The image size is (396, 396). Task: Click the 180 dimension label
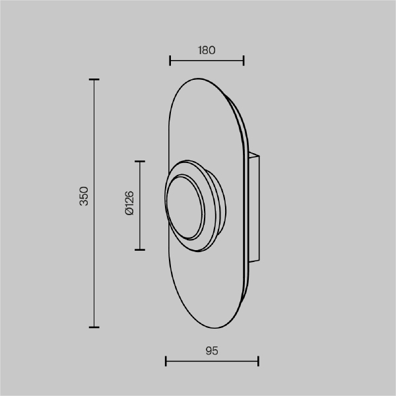click(x=207, y=50)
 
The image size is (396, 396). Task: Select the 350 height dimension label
click(x=84, y=196)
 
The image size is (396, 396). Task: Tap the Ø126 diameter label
click(x=129, y=203)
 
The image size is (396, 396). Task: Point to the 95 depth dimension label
click(x=212, y=351)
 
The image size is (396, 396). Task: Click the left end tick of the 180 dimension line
click(x=170, y=61)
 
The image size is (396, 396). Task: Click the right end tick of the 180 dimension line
click(x=244, y=61)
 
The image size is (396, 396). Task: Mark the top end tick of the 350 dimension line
click(x=94, y=80)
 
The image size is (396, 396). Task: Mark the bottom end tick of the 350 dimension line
click(x=94, y=327)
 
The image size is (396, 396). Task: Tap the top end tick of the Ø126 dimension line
click(x=140, y=162)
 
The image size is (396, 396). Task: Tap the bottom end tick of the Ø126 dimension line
click(x=140, y=249)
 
